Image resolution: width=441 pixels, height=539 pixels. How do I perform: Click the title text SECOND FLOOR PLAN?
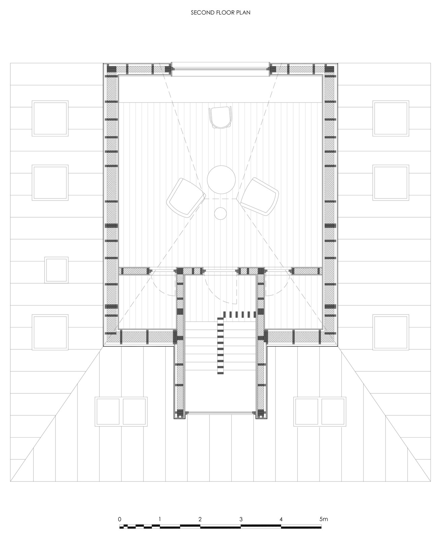[x=220, y=13]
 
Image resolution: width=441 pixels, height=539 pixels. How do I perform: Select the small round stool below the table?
[x=221, y=213]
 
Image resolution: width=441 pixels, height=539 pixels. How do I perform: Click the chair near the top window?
[x=220, y=117]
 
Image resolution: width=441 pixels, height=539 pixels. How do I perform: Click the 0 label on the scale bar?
[x=120, y=519]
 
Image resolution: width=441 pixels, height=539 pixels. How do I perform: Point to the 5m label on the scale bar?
[x=324, y=519]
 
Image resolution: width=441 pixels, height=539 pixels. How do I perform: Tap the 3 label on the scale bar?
[x=241, y=519]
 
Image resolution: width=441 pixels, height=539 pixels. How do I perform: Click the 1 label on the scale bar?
[x=160, y=519]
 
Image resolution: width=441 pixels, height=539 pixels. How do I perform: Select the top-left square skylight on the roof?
[x=50, y=118]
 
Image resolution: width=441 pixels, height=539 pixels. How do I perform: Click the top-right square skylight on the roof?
[x=391, y=118]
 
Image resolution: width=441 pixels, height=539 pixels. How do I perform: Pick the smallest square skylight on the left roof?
[x=57, y=270]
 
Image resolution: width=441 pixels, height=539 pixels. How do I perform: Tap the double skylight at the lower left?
[x=122, y=411]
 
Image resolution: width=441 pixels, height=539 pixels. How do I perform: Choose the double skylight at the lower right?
[x=320, y=411]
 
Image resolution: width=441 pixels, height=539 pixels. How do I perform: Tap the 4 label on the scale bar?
[x=281, y=519]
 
